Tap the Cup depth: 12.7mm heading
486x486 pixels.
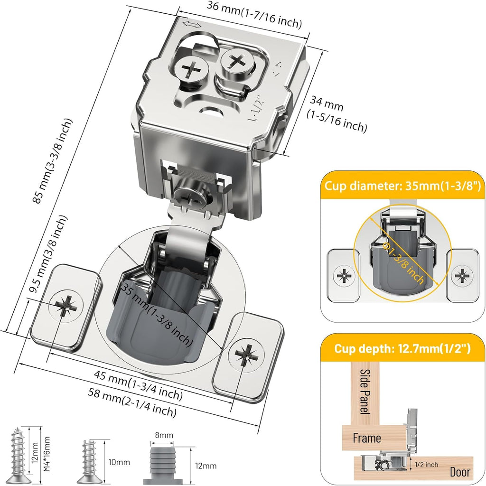coord(402,349)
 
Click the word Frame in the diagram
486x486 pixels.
coord(367,438)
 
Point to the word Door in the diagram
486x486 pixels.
coord(460,472)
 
